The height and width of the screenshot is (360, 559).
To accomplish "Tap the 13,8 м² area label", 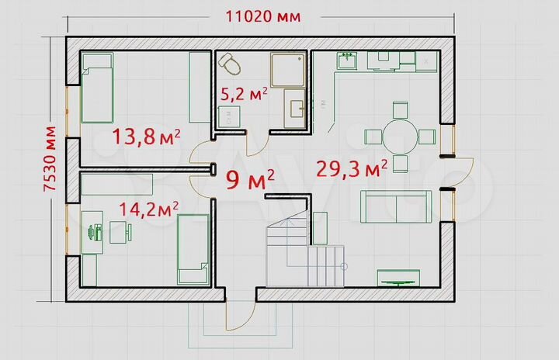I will coord(146,138).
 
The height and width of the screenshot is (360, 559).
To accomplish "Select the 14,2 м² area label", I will coord(148,208).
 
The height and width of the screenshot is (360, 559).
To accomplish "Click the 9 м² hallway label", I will coord(249,180).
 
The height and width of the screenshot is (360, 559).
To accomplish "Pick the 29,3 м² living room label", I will coord(352,168).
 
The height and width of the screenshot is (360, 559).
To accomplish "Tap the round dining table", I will coord(401,137).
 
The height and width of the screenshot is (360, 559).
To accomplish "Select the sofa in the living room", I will coord(394,208).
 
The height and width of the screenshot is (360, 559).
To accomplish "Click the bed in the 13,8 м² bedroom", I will coord(98,87).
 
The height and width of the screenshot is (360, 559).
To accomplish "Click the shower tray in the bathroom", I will coord(288,67).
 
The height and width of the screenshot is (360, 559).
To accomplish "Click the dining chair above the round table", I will coord(401,109).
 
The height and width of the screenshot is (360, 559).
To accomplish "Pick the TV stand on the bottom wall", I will coord(399,277).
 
